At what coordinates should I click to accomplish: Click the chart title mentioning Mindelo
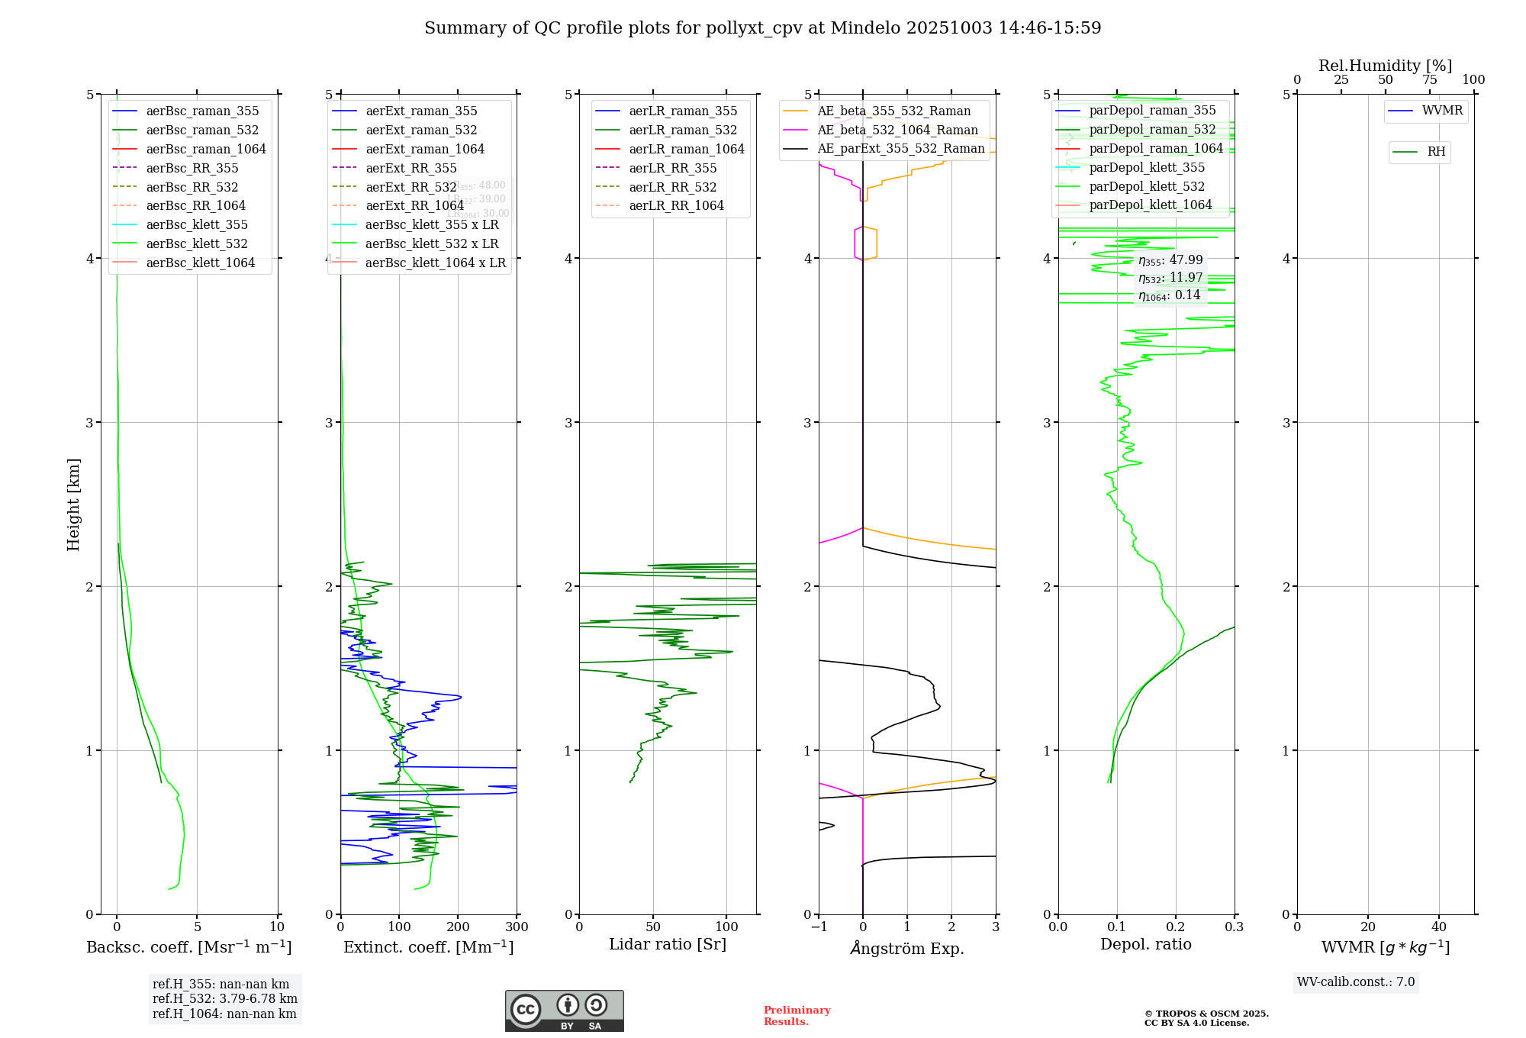[762, 28]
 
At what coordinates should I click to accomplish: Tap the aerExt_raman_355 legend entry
[421, 111]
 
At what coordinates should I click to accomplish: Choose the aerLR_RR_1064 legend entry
[676, 205]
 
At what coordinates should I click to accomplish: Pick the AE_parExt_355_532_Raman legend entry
[900, 148]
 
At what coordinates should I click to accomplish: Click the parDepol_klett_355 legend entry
[1147, 167]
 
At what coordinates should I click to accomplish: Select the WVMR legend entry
[1442, 111]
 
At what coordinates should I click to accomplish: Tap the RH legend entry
[1436, 152]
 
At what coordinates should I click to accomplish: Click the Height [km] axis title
[73, 504]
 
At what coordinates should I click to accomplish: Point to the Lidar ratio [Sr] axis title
[668, 944]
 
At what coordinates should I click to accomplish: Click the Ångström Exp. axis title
[907, 948]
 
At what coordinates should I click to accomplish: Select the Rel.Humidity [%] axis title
[1385, 66]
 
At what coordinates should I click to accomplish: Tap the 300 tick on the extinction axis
[517, 927]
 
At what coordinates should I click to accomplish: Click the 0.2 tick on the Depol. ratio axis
[1176, 927]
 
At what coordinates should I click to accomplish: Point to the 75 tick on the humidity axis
[1430, 80]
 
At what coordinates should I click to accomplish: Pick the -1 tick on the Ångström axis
[819, 927]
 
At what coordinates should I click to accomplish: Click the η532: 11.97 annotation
[1170, 278]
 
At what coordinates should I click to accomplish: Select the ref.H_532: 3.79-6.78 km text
[224, 998]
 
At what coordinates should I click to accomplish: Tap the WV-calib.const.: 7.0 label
[1356, 982]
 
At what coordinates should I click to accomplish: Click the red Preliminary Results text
[797, 1016]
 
